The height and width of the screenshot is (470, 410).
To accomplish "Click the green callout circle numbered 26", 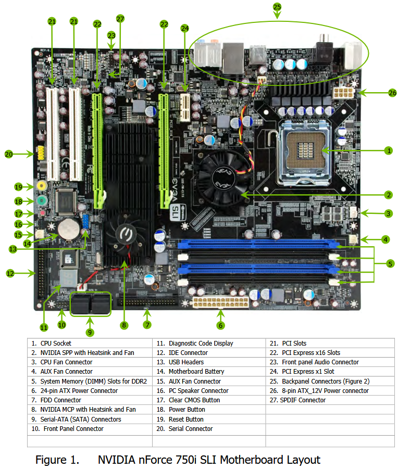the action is coord(392,93).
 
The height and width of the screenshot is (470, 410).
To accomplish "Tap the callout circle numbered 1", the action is coord(389,150).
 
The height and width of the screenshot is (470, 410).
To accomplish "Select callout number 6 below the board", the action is coord(220,325).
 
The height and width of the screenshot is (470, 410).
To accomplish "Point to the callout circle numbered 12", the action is coord(10,273).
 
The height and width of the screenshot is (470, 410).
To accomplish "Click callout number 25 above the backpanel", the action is coord(277,7).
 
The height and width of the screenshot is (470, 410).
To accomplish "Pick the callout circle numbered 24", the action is coord(185,29).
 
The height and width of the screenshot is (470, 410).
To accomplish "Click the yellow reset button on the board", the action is coord(42,185).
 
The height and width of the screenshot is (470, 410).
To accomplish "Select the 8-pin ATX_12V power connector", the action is coord(344,93).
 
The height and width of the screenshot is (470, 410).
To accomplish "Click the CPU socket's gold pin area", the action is coord(306,150).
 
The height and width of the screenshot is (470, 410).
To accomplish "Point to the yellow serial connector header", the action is coord(41,153).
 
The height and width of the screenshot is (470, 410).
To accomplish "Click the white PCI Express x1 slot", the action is coord(185,108).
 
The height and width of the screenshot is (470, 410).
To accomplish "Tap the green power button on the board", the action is coord(42,200).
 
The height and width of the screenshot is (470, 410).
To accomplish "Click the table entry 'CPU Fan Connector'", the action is coord(66,362).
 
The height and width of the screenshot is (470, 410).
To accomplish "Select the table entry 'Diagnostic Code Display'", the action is coord(201,343).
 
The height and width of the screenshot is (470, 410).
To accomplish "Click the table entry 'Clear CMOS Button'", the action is coord(194,400).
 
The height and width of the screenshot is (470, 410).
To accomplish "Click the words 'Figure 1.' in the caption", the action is coord(57,460).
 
